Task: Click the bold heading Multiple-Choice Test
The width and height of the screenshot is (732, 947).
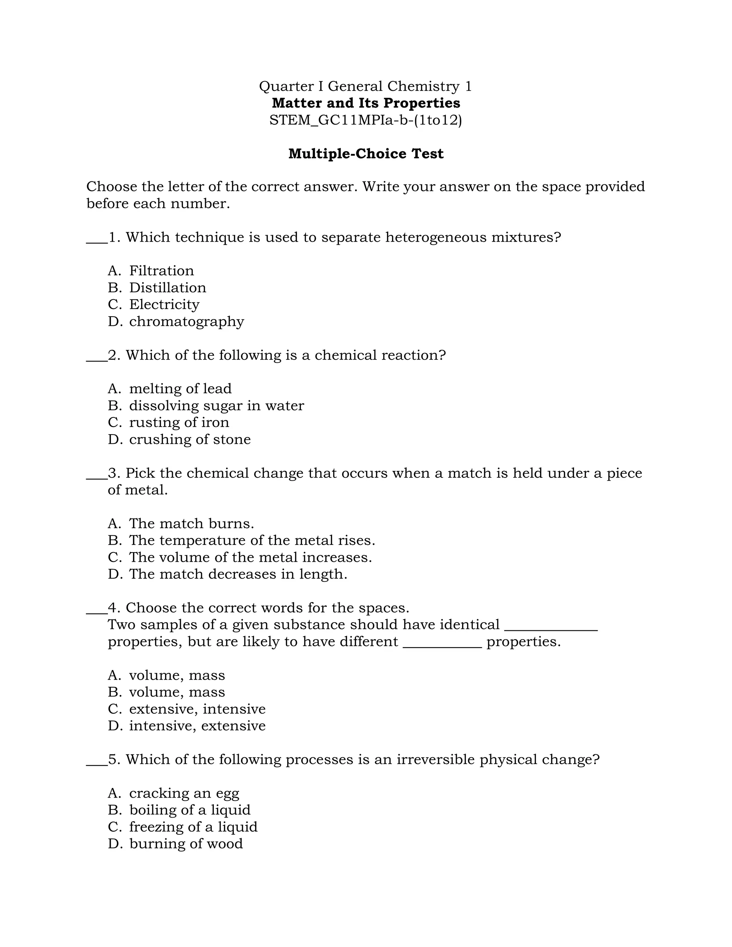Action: (x=366, y=154)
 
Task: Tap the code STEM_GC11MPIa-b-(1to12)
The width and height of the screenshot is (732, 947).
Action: (x=366, y=120)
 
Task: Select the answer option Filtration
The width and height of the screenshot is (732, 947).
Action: (x=161, y=271)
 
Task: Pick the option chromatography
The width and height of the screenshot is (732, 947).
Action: (x=187, y=321)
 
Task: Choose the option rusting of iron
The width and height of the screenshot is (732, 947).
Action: (x=179, y=422)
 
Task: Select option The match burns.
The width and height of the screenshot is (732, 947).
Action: (x=191, y=524)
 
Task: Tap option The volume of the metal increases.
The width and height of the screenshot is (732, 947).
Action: (x=250, y=557)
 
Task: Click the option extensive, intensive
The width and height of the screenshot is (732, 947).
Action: (x=197, y=709)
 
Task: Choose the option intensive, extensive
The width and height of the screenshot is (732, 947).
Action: (x=197, y=726)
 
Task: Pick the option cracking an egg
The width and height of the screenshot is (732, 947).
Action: (x=184, y=793)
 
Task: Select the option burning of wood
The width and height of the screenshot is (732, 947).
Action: (x=186, y=844)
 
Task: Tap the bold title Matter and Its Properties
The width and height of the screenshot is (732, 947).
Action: (x=366, y=103)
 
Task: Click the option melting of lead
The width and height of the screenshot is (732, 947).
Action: (x=180, y=388)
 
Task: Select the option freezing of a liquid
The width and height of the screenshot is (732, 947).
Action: (x=193, y=827)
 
